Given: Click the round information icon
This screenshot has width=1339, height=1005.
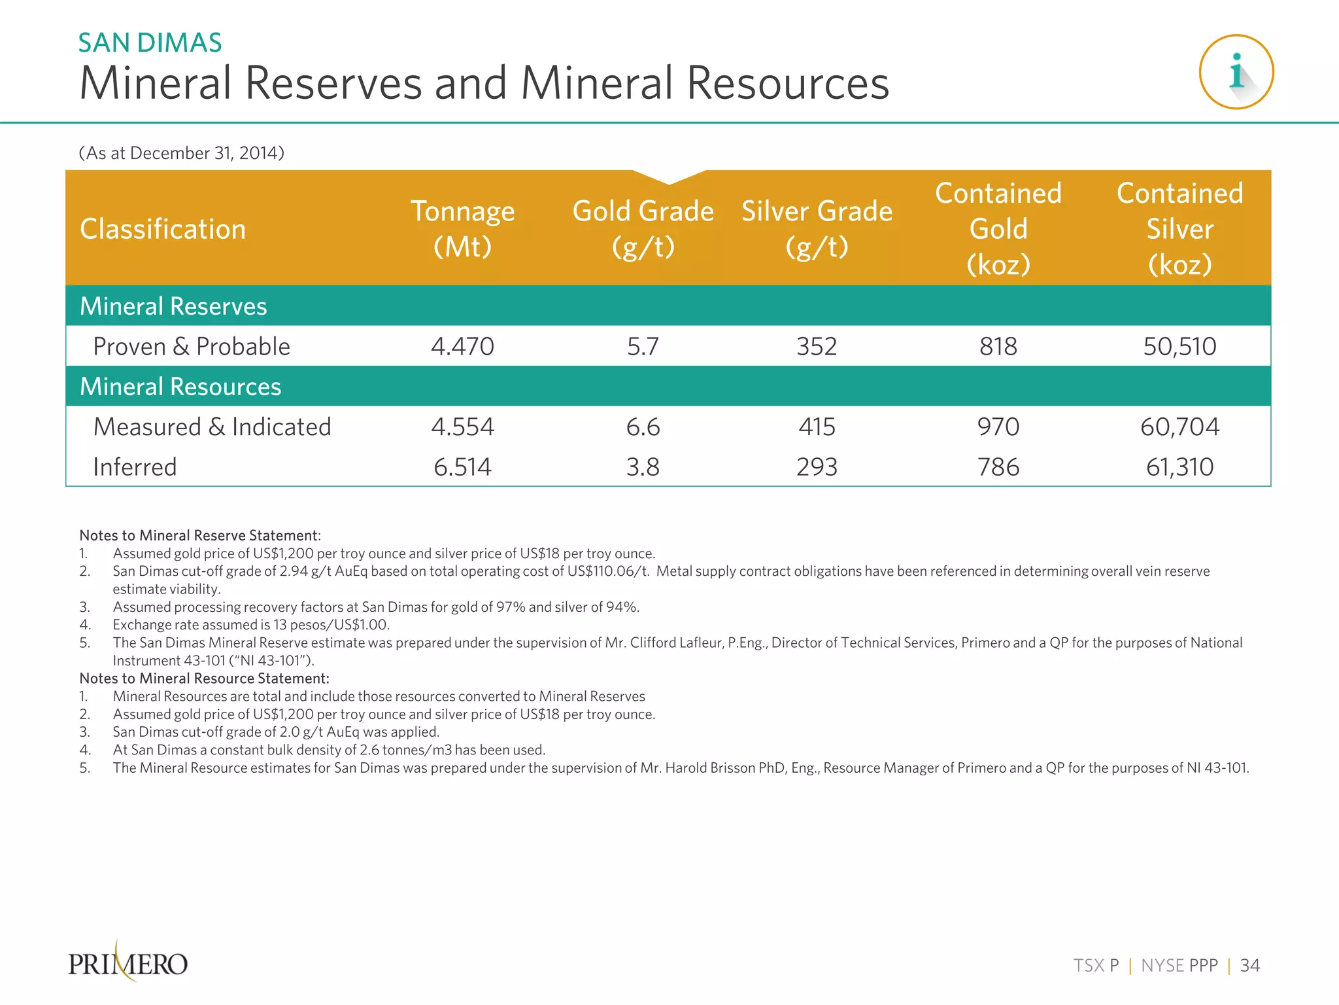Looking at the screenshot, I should click(1236, 72).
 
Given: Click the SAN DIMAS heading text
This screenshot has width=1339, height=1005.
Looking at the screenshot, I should click(150, 43).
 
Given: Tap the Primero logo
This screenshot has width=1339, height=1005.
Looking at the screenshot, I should click(128, 963).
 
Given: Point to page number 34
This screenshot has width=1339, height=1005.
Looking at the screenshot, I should click(1249, 966).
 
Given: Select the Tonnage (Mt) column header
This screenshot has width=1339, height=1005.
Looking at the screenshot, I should click(462, 228).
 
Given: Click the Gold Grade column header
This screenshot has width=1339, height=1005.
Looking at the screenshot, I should click(643, 228).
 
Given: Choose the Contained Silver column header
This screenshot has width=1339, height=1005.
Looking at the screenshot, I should click(1179, 228).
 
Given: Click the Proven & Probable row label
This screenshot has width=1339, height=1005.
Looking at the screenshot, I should click(192, 346).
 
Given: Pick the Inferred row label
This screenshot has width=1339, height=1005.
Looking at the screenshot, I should click(135, 467).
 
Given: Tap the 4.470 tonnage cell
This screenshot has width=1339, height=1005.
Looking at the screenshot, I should click(462, 346).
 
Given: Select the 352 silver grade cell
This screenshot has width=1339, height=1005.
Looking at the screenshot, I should click(817, 346).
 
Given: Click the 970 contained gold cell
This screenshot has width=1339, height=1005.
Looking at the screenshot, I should click(998, 427).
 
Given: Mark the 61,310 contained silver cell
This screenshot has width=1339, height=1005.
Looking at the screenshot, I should click(1179, 467).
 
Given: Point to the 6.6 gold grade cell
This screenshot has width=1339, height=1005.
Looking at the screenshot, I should click(643, 427).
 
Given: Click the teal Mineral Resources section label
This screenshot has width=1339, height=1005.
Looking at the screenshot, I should click(180, 387).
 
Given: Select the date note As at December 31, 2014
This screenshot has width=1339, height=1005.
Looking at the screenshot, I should click(181, 153).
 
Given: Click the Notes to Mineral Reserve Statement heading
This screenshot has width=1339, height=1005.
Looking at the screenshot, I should click(199, 535).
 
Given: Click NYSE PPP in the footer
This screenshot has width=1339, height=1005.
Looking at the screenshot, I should click(1179, 966).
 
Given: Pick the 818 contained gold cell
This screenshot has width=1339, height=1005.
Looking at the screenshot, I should click(998, 346).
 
